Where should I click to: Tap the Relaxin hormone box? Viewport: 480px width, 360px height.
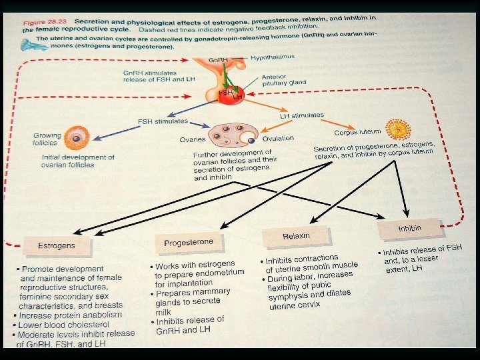click(x=296, y=236)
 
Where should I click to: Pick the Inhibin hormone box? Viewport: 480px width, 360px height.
click(x=410, y=229)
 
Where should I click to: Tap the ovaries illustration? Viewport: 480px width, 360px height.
click(x=232, y=135)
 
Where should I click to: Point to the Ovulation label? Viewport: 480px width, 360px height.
click(x=278, y=138)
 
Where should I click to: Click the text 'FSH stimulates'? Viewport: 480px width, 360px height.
click(x=163, y=123)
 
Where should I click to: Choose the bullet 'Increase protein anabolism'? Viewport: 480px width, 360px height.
click(x=71, y=315)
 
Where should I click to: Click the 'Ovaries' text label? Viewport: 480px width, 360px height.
click(x=191, y=140)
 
